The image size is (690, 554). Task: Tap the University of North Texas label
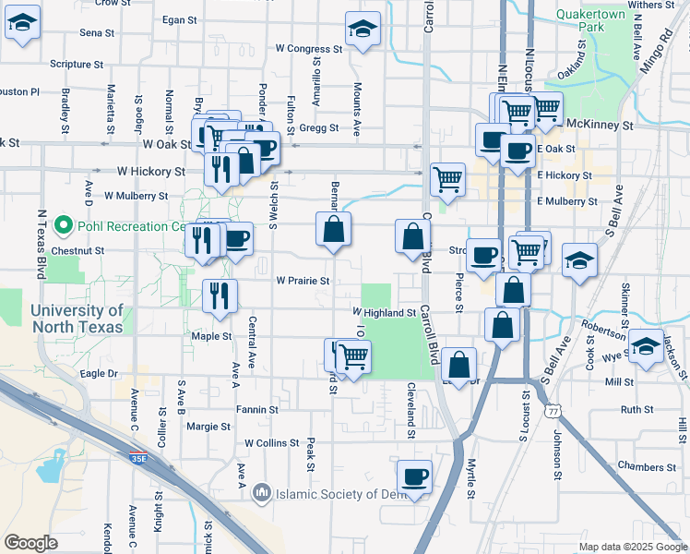tap(76, 319)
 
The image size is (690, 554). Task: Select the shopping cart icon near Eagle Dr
tap(353, 355)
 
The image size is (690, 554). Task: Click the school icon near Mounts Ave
tap(363, 29)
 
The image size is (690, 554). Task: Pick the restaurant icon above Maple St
tap(220, 295)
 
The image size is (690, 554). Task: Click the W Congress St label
tap(309, 48)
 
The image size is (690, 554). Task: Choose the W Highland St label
tap(384, 313)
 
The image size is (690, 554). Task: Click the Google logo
tap(31, 543)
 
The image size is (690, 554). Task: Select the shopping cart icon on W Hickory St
tap(447, 177)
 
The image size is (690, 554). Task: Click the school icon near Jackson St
tap(647, 346)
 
